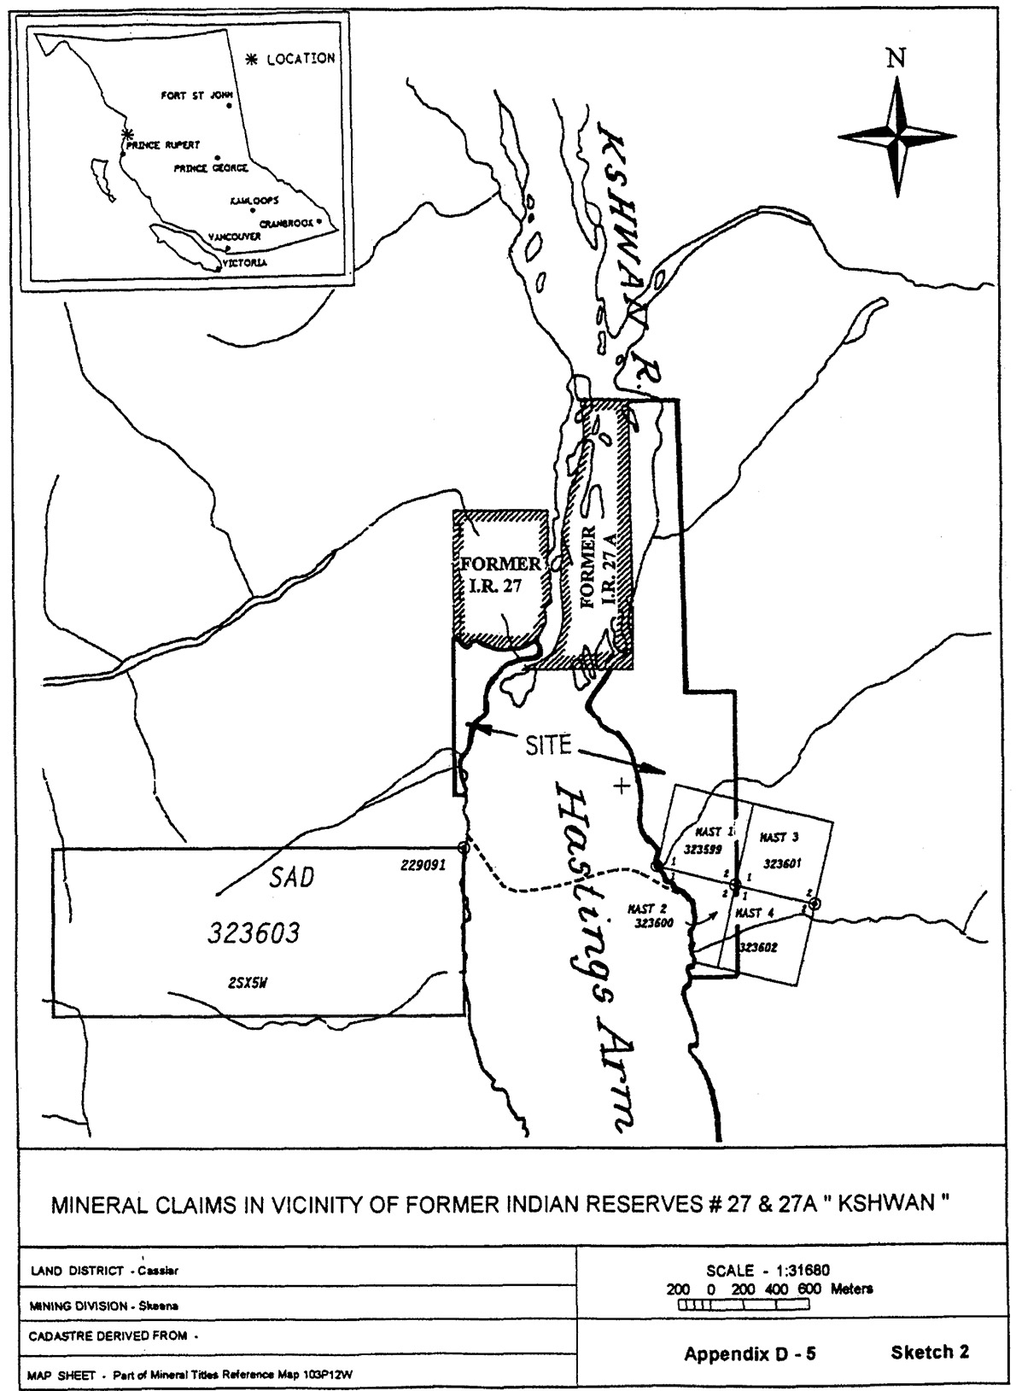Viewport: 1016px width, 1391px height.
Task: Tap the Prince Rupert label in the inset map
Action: click(x=162, y=145)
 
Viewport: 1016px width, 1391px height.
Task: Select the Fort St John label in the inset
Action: click(x=191, y=96)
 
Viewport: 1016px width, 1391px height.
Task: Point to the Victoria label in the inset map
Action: click(x=244, y=263)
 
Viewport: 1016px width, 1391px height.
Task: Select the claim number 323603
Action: click(x=254, y=933)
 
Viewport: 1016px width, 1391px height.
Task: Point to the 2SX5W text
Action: click(x=248, y=982)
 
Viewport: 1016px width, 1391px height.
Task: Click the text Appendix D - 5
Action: click(x=750, y=1353)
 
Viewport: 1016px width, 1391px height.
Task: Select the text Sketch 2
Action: click(x=930, y=1352)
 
